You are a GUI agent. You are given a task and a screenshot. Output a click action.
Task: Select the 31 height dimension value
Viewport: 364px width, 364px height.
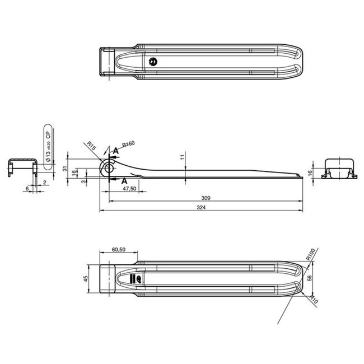point(65,169)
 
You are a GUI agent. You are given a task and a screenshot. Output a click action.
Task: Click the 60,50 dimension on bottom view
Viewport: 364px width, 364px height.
point(118,250)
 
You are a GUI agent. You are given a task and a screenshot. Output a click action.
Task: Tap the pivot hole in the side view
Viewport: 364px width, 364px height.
point(109,168)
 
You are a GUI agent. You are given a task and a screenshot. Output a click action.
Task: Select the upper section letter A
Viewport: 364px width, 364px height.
point(115,150)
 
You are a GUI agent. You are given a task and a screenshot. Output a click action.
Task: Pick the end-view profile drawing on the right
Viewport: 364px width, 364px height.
point(339,168)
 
